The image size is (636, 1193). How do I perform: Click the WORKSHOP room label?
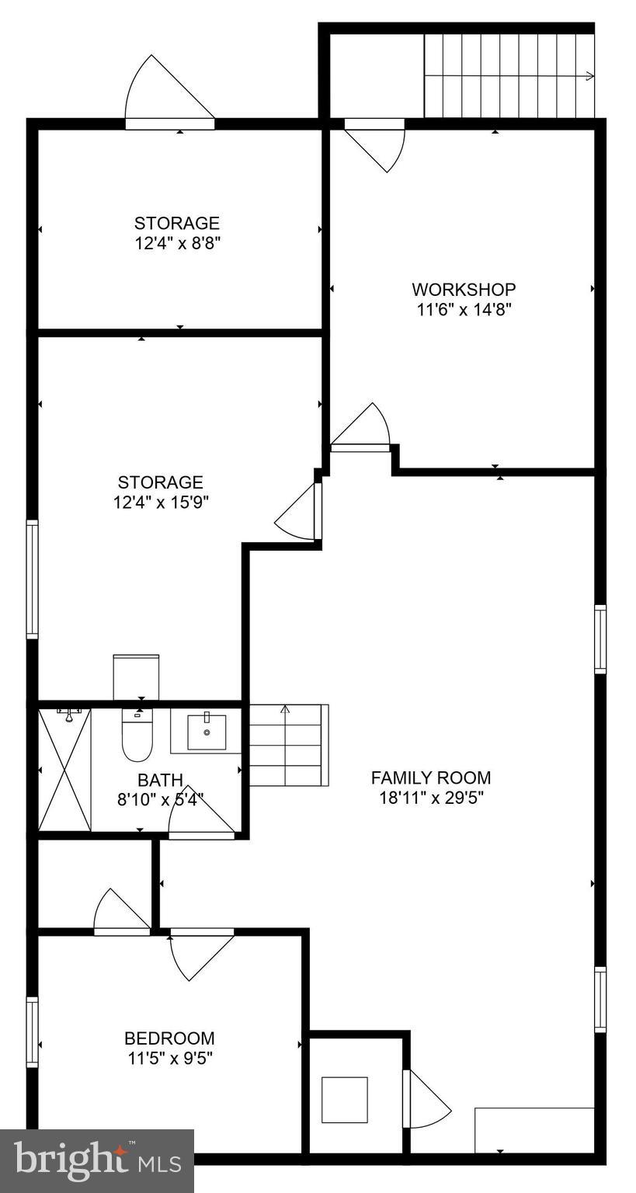(464, 290)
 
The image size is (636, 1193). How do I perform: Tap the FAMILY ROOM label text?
(431, 777)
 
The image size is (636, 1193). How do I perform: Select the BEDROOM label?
(169, 1038)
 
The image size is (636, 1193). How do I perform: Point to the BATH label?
(161, 780)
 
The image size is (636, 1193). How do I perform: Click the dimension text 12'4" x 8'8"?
(177, 243)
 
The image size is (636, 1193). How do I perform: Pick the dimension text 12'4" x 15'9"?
(161, 502)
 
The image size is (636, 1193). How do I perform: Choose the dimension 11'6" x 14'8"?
(464, 309)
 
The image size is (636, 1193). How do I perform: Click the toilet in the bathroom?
(137, 736)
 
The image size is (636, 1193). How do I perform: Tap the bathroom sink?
(207, 731)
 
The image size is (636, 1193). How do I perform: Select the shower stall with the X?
(64, 769)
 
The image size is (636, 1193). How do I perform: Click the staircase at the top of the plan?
(509, 76)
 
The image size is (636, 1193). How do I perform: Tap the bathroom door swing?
(200, 812)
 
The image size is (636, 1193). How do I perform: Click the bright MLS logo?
(97, 1160)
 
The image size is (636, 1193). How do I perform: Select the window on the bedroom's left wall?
(32, 1031)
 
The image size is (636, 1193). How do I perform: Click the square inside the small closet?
(345, 1099)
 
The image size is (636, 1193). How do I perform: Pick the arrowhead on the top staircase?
(590, 76)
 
